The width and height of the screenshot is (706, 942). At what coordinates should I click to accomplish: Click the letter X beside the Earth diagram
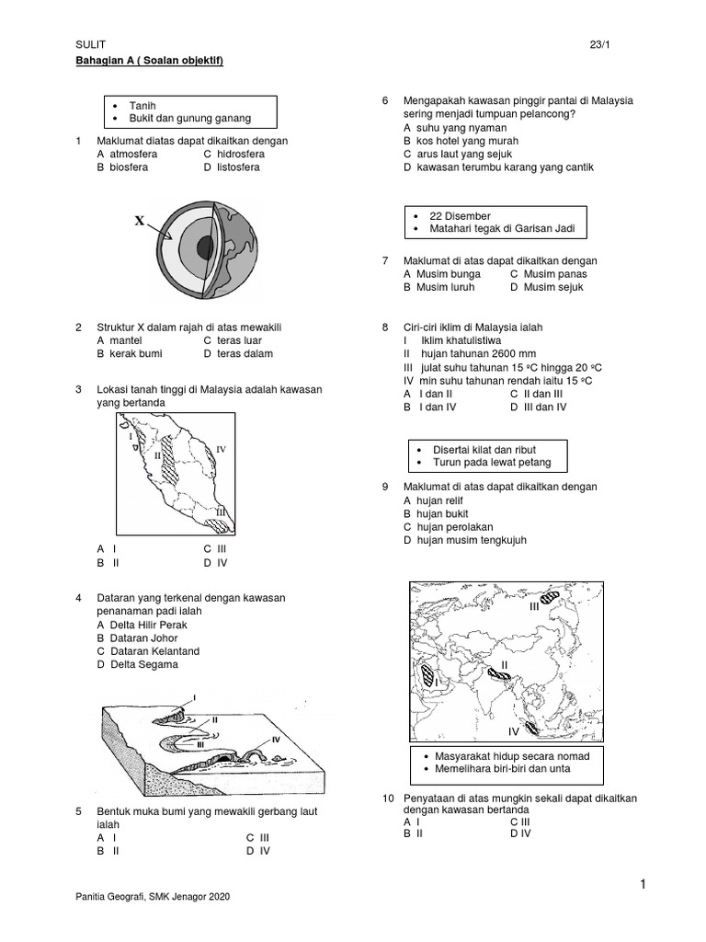[x=140, y=221]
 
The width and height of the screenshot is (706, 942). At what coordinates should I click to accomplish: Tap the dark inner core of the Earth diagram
[x=205, y=247]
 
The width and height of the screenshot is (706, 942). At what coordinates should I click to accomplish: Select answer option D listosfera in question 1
[x=232, y=167]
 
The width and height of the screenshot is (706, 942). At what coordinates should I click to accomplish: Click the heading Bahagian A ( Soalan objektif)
[x=150, y=61]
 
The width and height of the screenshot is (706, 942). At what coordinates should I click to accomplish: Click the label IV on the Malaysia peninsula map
[x=221, y=450]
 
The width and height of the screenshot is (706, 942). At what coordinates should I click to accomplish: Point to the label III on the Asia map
[x=534, y=607]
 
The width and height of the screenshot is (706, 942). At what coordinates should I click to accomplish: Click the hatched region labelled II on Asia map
[x=499, y=674]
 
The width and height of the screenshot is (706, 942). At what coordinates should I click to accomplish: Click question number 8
[x=386, y=327]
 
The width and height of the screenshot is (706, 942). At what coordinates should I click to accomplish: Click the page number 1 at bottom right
[x=643, y=885]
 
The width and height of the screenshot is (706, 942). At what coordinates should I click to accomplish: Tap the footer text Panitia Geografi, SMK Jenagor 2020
[x=153, y=897]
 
